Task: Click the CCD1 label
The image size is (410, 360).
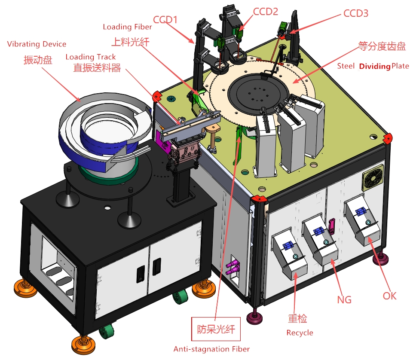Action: point(165,19)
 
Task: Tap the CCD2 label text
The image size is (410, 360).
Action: point(265,12)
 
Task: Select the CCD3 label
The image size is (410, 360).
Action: point(356,13)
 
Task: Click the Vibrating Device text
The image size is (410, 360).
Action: point(37,44)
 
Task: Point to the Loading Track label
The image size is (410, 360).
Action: point(91,57)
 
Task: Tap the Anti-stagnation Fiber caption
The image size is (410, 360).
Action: point(211,349)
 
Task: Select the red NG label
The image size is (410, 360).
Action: point(344,299)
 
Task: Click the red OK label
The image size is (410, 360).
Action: point(389,296)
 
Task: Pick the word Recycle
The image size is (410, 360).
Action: point(300,333)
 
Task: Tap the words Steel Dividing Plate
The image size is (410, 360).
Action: point(373,66)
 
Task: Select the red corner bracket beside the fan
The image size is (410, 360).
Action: point(388,138)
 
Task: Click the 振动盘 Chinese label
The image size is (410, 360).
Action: point(38,60)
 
